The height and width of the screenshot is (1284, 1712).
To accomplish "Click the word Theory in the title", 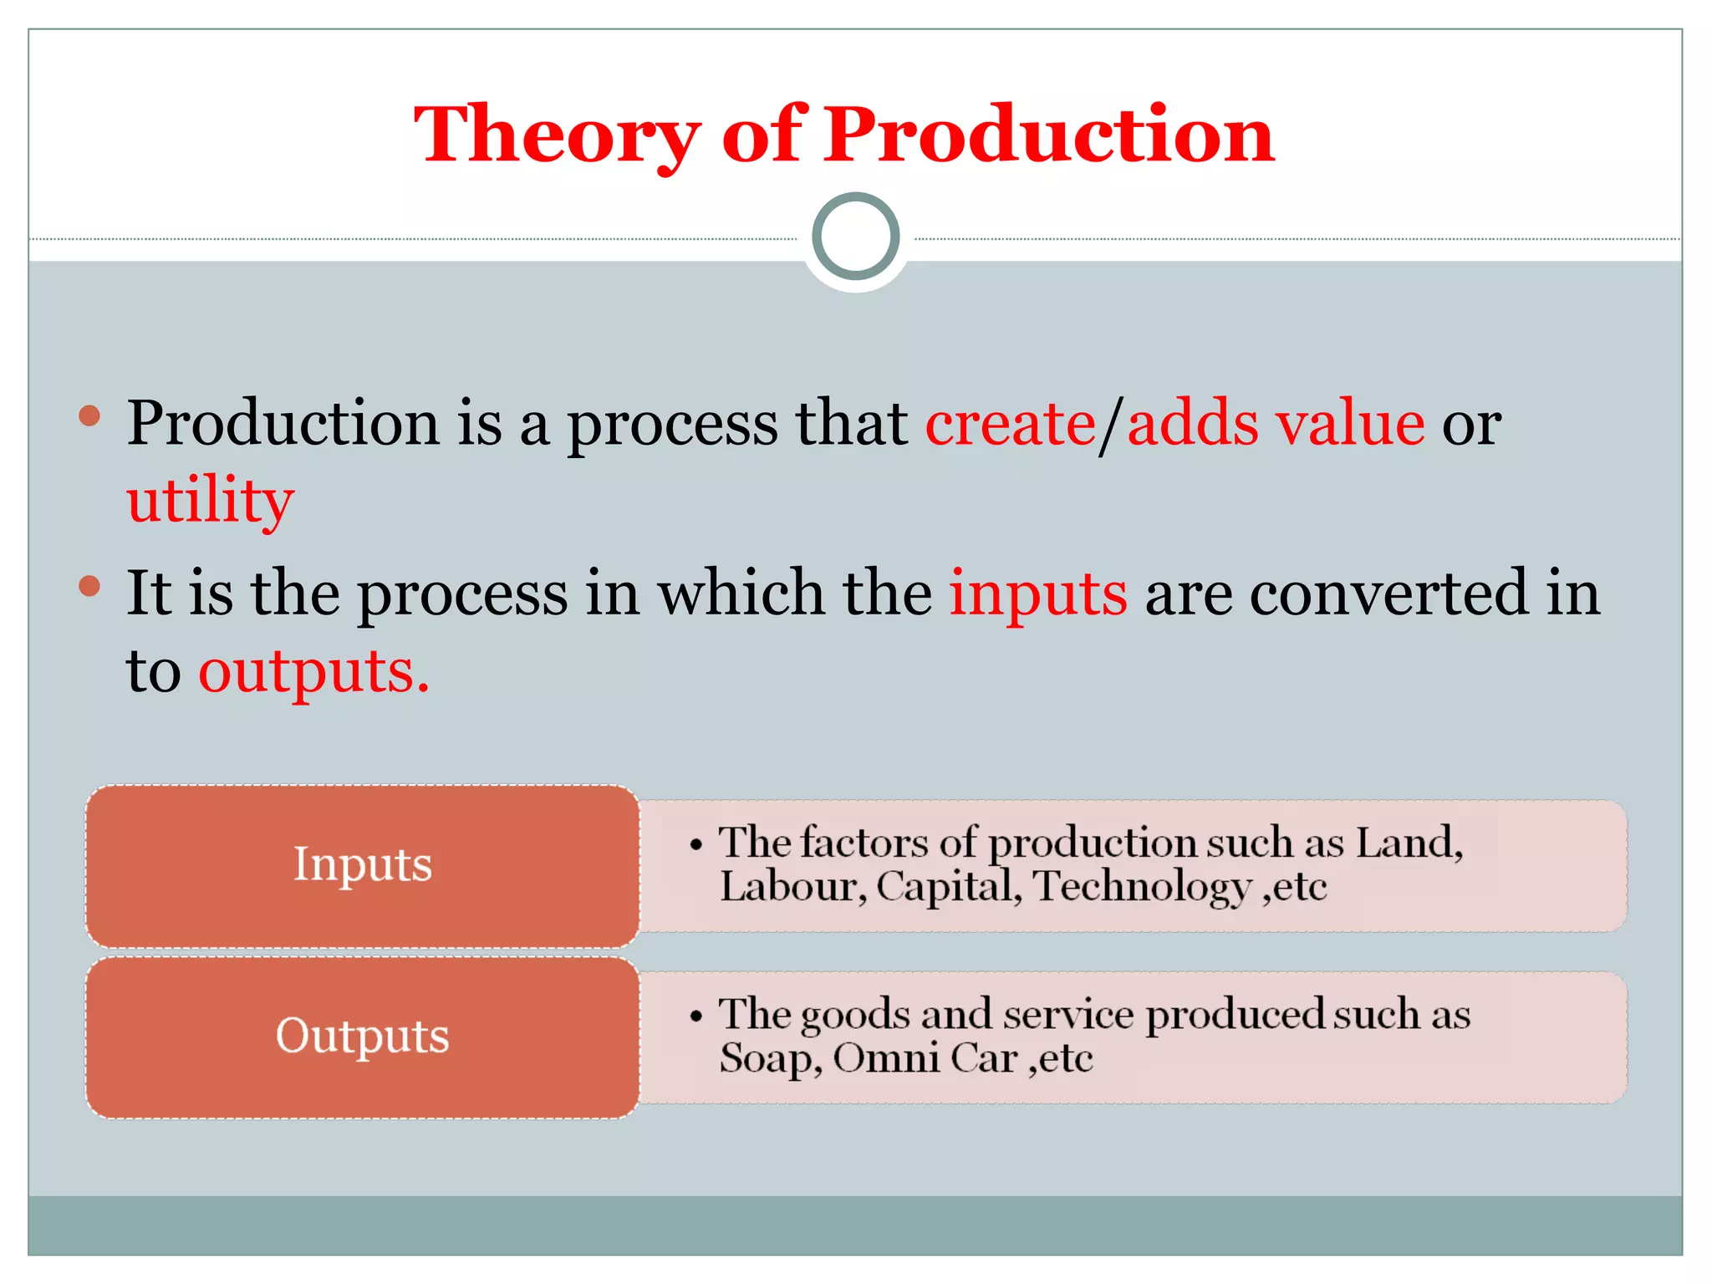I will pyautogui.click(x=557, y=135).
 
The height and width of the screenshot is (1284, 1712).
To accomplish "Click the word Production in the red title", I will pyautogui.click(x=1049, y=135).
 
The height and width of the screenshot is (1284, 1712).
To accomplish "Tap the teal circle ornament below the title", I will pyautogui.click(x=856, y=237).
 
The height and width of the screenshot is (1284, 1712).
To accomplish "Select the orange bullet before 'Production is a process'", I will pyautogui.click(x=89, y=415).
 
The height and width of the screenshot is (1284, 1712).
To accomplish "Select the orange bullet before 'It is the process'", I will pyautogui.click(x=89, y=585).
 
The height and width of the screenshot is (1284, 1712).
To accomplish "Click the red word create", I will pyautogui.click(x=1010, y=424).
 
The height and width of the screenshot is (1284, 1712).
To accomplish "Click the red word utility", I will pyautogui.click(x=210, y=502).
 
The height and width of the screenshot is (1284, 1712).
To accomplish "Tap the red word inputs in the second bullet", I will pyautogui.click(x=1037, y=594).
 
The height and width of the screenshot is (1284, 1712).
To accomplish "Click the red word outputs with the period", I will pyautogui.click(x=313, y=671).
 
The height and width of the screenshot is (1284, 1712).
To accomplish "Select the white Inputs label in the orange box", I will pyautogui.click(x=362, y=864).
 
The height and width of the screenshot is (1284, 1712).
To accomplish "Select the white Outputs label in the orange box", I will pyautogui.click(x=362, y=1037).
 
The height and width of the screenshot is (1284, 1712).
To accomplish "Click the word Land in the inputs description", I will pyautogui.click(x=1407, y=843).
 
